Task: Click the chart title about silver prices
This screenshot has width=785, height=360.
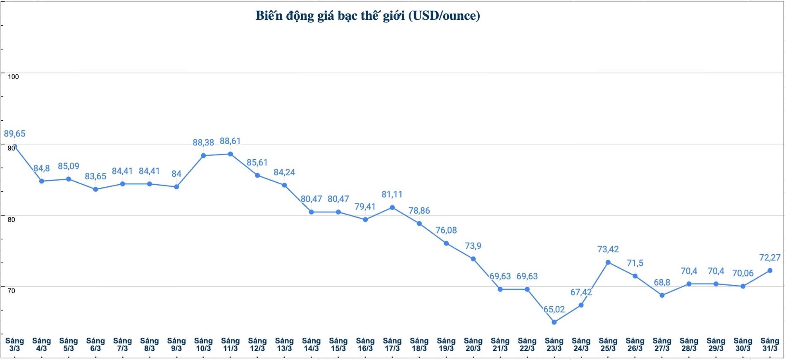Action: point(368,16)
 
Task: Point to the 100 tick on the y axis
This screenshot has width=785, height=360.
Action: point(13,76)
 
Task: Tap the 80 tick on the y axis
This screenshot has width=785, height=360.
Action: point(11,219)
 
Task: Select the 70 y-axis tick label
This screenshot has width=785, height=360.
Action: point(11,291)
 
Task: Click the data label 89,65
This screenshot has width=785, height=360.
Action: point(14,134)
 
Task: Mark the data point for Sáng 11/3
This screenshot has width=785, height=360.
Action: point(231,154)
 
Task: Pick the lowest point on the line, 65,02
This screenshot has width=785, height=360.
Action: point(554,322)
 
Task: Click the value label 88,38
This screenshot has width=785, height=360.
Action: point(203,142)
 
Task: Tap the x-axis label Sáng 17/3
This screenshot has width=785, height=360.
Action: point(392,344)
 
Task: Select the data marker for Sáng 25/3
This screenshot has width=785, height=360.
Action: point(608,262)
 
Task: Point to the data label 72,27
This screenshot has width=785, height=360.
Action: point(770,257)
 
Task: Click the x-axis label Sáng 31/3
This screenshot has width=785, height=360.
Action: point(770,344)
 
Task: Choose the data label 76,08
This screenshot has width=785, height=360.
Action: point(446,230)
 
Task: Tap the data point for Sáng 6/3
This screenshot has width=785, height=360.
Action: point(95,189)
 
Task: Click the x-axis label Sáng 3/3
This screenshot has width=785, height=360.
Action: point(14,344)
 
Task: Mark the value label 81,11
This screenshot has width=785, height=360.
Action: point(392,194)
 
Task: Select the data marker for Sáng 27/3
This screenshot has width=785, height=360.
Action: point(662,295)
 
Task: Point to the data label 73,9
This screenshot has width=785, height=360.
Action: point(473,246)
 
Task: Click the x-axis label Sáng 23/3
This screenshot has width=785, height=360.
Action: point(554,344)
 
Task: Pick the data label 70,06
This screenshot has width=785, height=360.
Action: point(743,273)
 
